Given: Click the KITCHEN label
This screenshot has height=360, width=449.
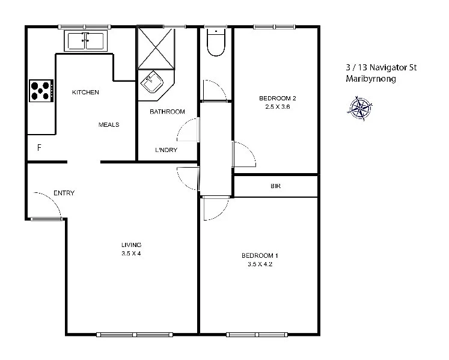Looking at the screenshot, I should tap(85, 93).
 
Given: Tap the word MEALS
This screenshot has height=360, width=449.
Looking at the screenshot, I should tap(109, 125).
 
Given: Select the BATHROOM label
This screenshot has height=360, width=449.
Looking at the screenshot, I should tap(167, 112).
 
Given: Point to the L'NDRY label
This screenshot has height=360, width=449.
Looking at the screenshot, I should tap(166, 150).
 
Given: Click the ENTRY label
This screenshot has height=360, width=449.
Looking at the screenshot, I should tap(64, 193).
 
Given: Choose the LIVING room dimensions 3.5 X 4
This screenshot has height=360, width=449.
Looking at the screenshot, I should tap(131, 254).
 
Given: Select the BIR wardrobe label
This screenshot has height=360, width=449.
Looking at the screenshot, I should tap(275, 186).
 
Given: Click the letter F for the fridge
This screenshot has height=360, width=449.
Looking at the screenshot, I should tap(39, 147).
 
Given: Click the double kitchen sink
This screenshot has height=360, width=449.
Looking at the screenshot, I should tap(85, 41).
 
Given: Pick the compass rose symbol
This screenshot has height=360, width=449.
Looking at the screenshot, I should tap(360, 108).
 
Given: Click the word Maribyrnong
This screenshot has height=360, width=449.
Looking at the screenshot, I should tap(371, 79).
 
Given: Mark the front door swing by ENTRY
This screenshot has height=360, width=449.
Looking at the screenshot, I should tap(48, 204).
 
